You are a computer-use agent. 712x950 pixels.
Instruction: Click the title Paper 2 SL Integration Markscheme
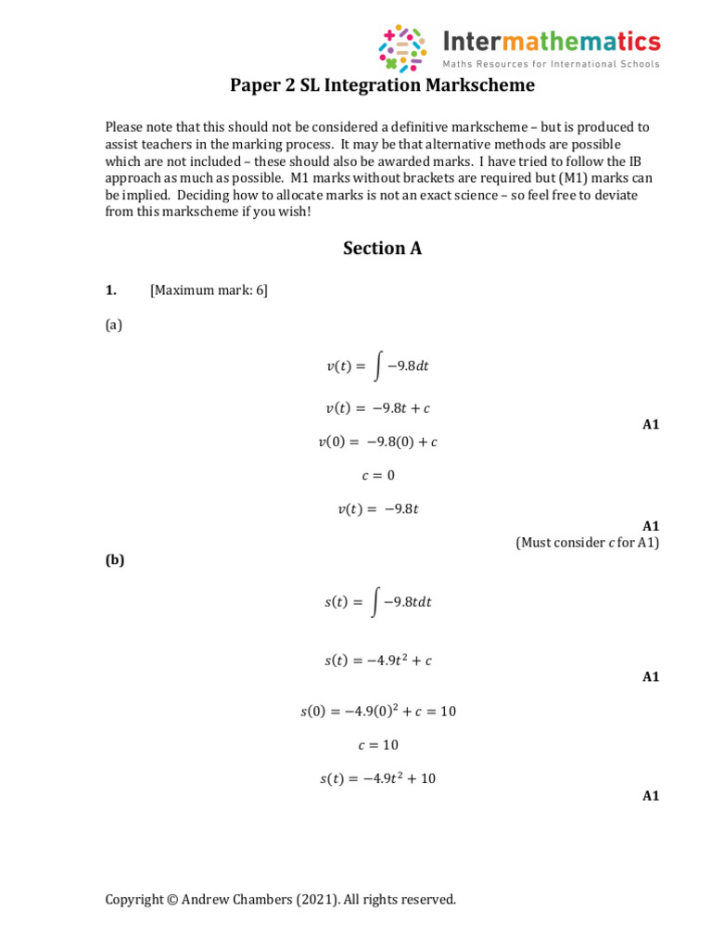383,87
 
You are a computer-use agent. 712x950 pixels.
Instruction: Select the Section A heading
382,249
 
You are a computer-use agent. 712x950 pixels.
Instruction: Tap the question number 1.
110,290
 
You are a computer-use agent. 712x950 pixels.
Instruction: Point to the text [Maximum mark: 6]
209,290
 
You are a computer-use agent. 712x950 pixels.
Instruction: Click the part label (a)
114,325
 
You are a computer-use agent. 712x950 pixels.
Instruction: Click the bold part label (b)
115,559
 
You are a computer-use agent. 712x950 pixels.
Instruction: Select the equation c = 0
377,475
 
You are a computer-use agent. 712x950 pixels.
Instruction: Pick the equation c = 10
377,744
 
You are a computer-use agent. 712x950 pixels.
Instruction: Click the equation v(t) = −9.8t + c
377,408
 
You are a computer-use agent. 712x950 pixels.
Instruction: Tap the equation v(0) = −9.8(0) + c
377,442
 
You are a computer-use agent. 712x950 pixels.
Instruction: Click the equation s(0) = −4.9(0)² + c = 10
378,711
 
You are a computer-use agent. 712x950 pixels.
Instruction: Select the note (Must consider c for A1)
587,543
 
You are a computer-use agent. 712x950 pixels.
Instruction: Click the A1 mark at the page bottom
650,796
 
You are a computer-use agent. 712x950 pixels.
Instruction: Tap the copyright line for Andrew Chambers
281,899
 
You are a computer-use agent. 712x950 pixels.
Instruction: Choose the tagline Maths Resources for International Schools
551,64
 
